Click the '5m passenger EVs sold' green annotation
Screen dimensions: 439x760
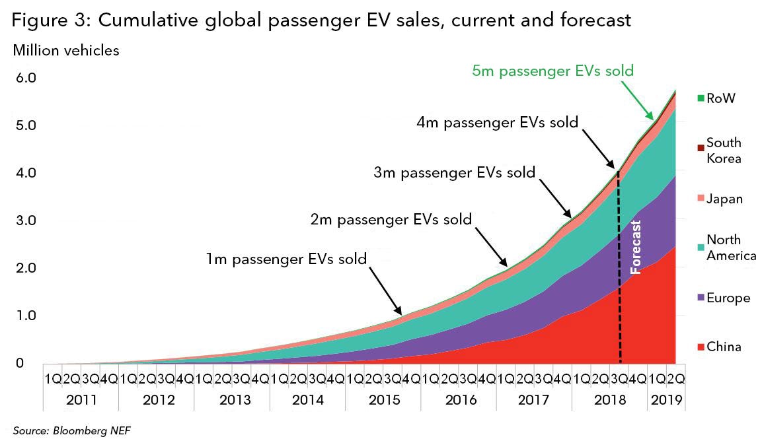[x=552, y=71]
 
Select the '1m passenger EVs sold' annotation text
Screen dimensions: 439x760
[x=285, y=259]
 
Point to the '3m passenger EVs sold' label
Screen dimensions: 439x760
[x=454, y=174]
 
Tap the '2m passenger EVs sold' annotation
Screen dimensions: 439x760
[x=391, y=219]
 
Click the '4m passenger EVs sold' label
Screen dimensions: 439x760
[x=497, y=122]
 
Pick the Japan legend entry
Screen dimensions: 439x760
[x=724, y=199]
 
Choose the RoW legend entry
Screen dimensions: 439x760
[x=720, y=98]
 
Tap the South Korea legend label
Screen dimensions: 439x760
[x=724, y=151]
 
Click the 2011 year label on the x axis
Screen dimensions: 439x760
[x=81, y=400]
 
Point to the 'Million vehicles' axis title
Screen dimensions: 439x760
[x=65, y=51]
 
